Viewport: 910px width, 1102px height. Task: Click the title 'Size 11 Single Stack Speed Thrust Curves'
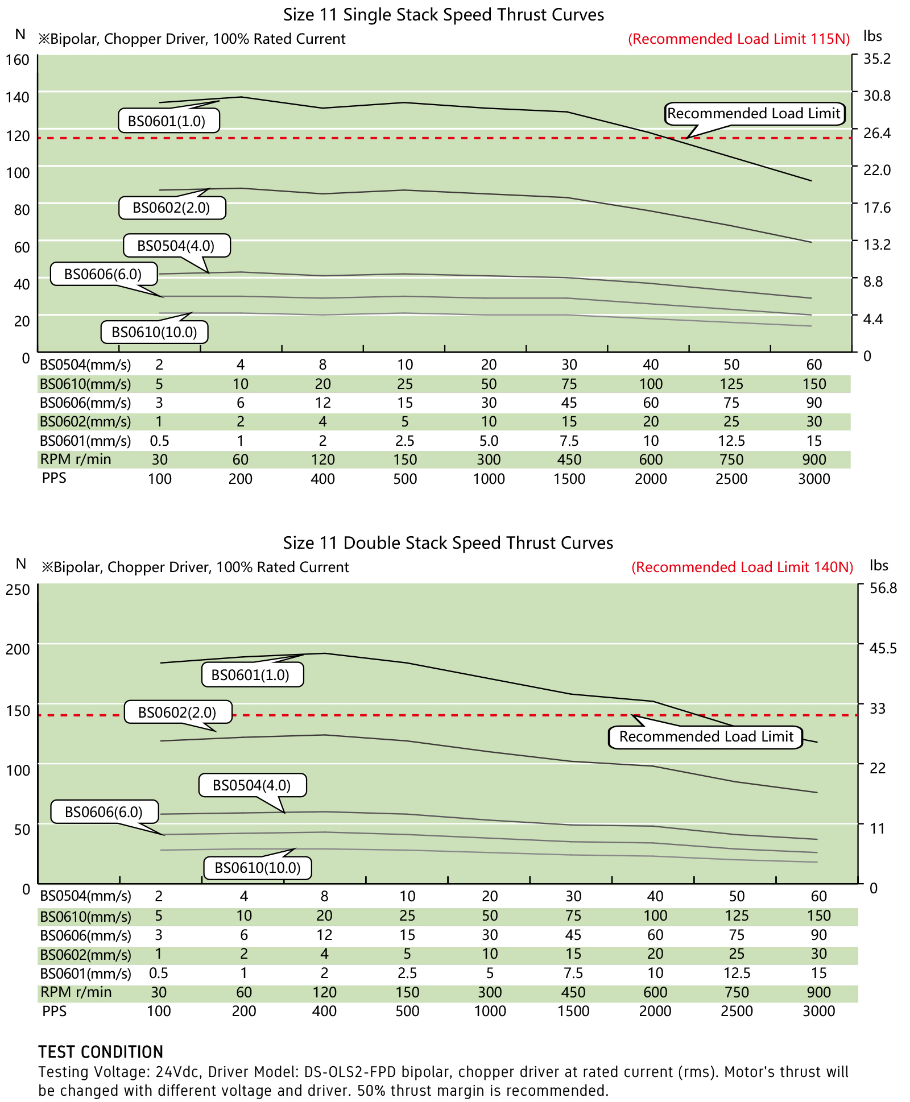444,14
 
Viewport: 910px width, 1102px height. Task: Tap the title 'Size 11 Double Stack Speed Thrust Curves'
448,543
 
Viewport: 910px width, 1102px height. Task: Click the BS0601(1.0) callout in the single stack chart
168,121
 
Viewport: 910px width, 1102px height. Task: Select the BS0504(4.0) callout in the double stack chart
252,785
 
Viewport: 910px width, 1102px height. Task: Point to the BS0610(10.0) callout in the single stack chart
154,332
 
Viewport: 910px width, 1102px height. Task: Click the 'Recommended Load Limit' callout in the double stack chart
706,737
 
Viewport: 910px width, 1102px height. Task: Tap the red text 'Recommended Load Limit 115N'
739,39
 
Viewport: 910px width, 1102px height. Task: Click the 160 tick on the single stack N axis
18,59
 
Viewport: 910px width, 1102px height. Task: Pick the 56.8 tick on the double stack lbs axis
883,588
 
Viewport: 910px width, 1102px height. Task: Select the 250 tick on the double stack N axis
18,589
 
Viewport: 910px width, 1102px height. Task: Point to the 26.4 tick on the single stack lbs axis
877,133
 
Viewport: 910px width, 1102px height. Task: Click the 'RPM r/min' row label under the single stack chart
75,459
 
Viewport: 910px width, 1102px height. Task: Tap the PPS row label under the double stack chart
54,1011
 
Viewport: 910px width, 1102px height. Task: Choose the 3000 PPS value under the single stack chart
814,479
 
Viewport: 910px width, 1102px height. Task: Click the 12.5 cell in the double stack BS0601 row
737,973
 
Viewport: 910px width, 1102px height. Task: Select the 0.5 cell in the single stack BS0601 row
159,441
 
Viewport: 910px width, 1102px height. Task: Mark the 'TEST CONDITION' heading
101,1051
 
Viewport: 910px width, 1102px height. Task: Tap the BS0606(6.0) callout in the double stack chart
104,811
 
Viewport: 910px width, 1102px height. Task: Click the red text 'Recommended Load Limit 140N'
742,567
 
